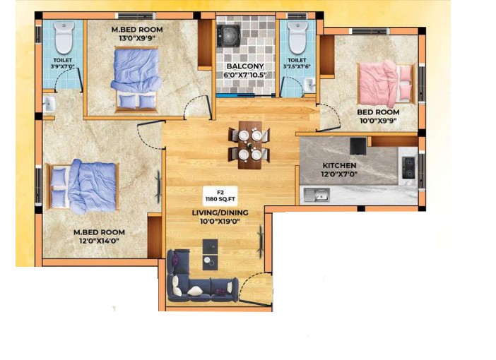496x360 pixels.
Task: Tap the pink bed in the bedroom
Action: point(386,84)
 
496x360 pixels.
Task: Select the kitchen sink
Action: point(317,194)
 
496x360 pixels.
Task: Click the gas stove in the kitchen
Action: point(408,167)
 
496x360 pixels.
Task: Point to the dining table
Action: point(250,145)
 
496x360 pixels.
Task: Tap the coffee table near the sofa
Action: point(210,254)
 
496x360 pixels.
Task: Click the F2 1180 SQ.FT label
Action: point(220,196)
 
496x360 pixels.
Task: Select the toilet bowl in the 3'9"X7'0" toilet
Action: point(64,37)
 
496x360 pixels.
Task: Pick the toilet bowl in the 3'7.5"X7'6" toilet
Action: point(298,37)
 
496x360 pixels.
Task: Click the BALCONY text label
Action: point(245,66)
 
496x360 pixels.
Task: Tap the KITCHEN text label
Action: point(339,165)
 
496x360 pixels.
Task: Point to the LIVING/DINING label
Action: point(220,212)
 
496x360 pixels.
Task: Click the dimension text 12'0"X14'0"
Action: point(99,241)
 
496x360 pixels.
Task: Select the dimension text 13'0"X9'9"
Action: point(137,38)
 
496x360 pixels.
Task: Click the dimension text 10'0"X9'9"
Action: point(378,121)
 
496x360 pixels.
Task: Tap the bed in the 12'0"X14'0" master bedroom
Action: point(82,186)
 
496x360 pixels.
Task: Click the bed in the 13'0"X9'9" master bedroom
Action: point(136,79)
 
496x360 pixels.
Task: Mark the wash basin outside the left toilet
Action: point(49,104)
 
